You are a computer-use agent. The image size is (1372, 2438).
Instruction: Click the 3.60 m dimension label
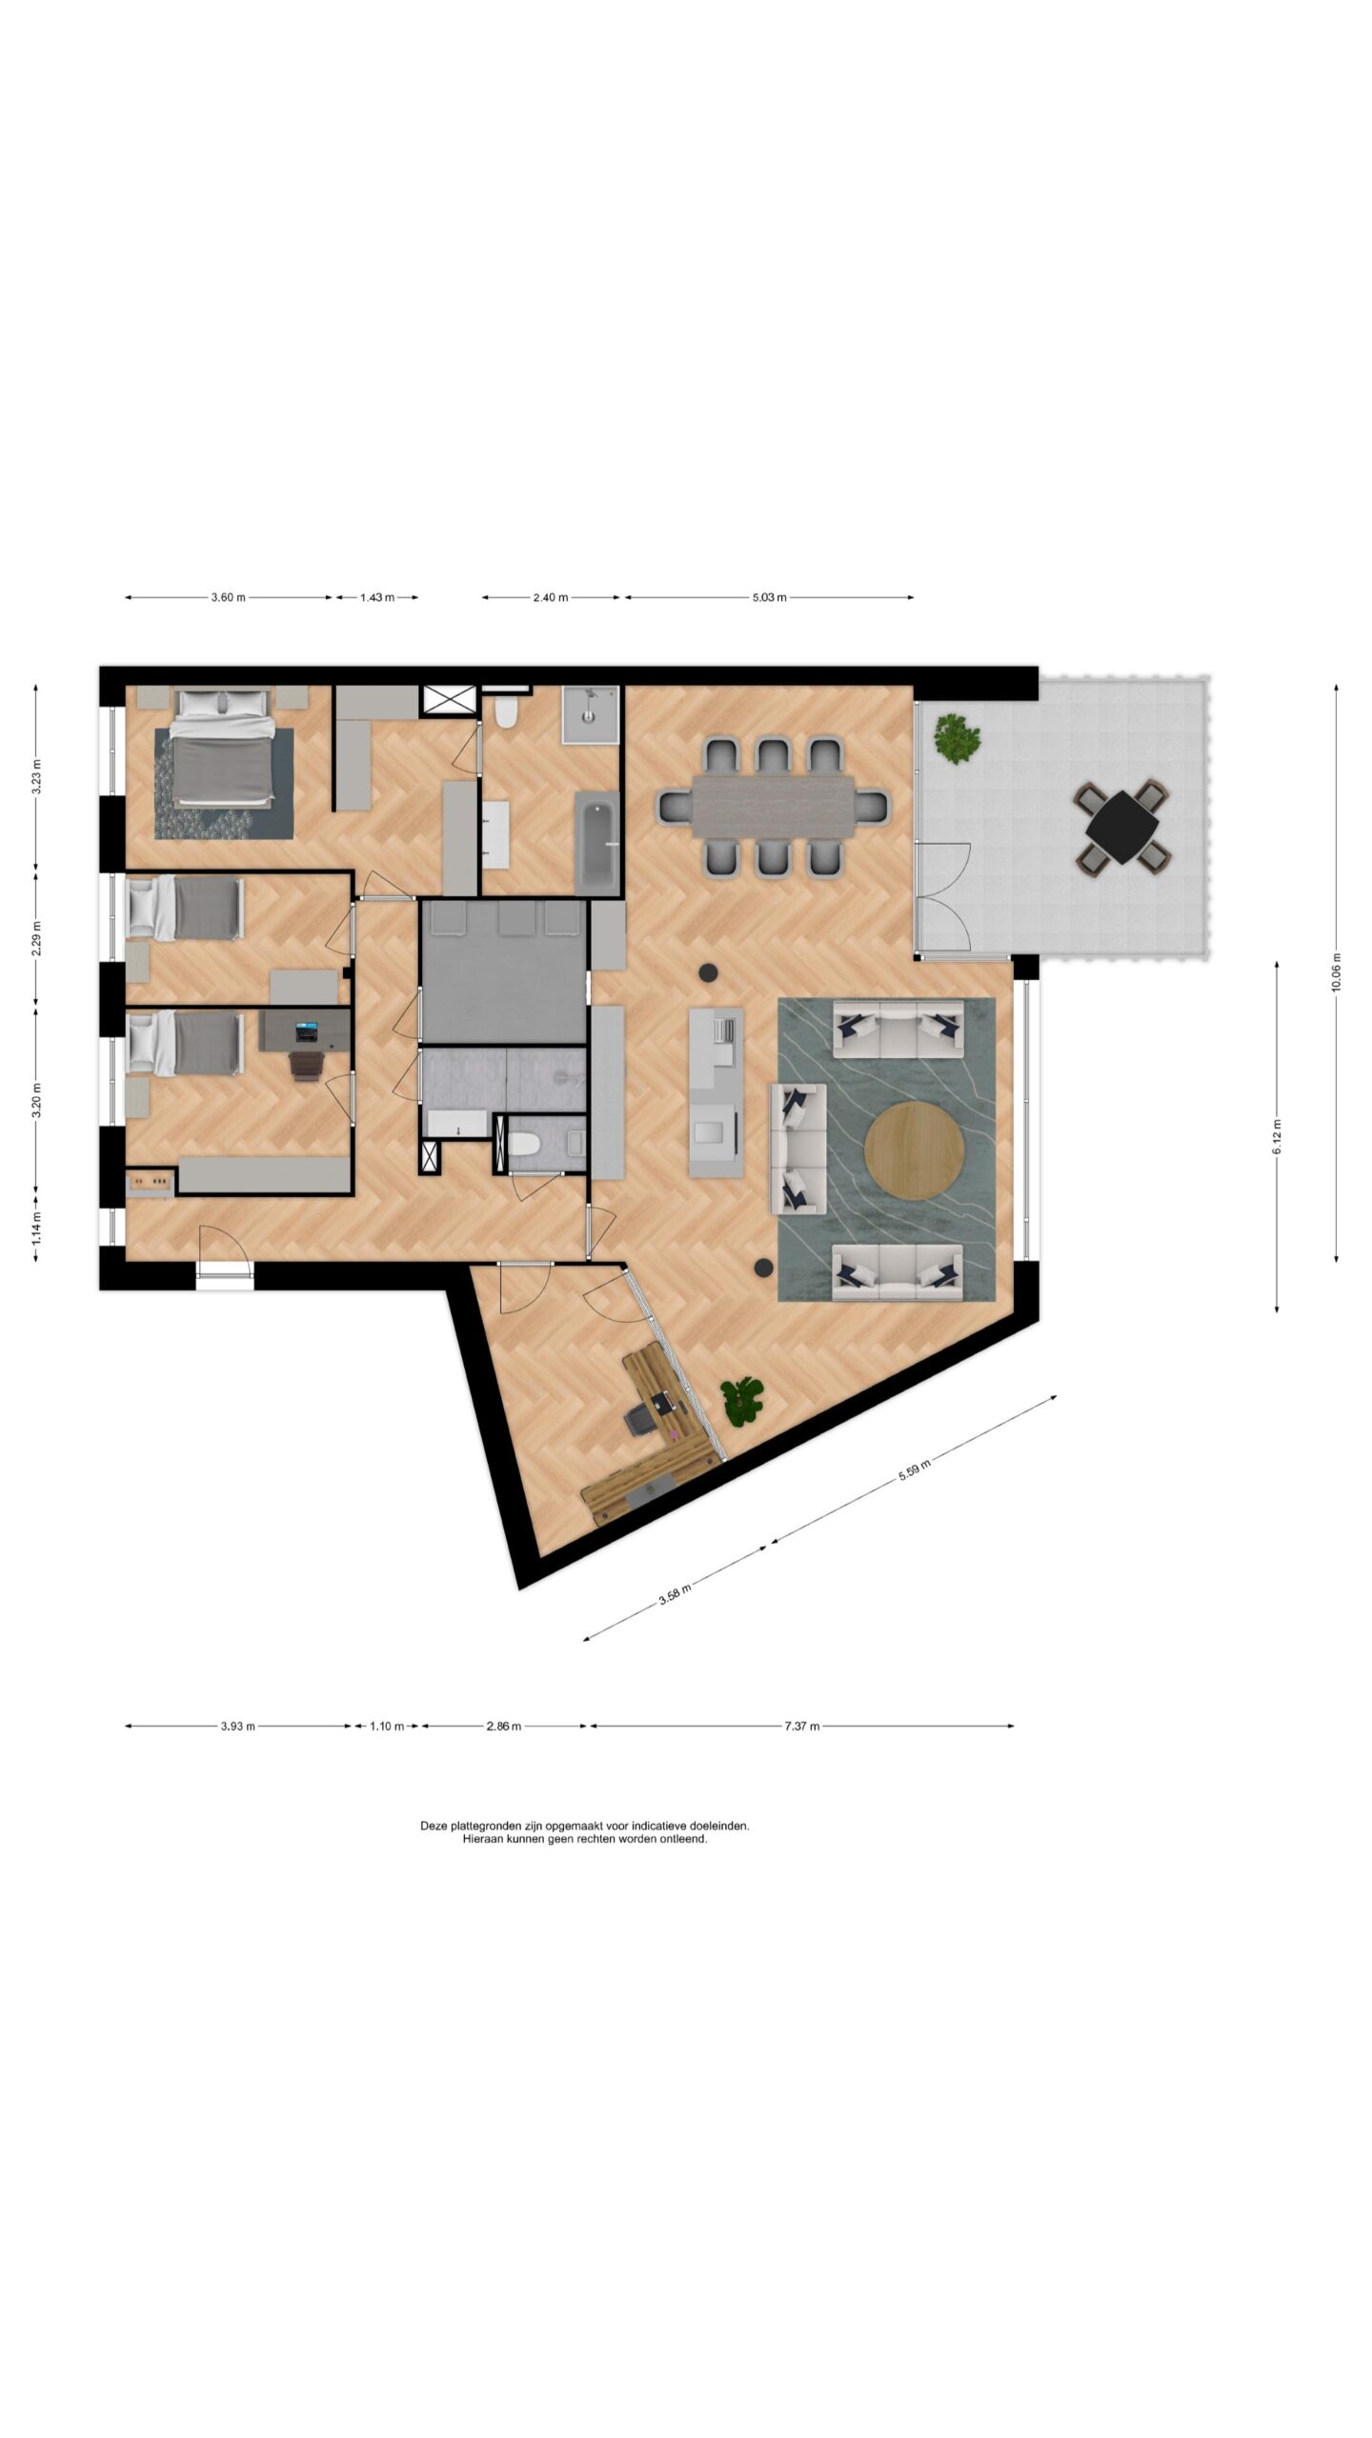[x=228, y=597]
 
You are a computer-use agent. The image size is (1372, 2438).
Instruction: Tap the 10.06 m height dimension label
[x=1336, y=972]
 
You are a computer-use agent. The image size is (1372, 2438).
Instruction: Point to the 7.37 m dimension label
[x=801, y=1726]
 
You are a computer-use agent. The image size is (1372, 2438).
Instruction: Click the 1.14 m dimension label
[x=36, y=1228]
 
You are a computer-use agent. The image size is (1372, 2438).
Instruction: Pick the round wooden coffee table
[x=914, y=1150]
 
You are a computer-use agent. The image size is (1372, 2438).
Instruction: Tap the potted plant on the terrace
[x=957, y=739]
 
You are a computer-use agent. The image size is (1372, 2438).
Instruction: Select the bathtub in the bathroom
[x=597, y=843]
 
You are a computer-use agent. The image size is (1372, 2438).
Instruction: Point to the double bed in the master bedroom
[x=222, y=746]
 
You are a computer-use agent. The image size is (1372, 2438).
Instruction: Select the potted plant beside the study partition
[x=742, y=1401]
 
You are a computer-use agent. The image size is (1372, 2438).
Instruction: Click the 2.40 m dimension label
[x=550, y=597]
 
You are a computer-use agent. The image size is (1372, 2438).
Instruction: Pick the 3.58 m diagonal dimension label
[x=675, y=1594]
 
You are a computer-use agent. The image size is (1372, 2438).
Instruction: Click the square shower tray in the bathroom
[x=591, y=714]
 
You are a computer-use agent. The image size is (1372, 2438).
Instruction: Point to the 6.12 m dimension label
[x=1277, y=1137]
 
